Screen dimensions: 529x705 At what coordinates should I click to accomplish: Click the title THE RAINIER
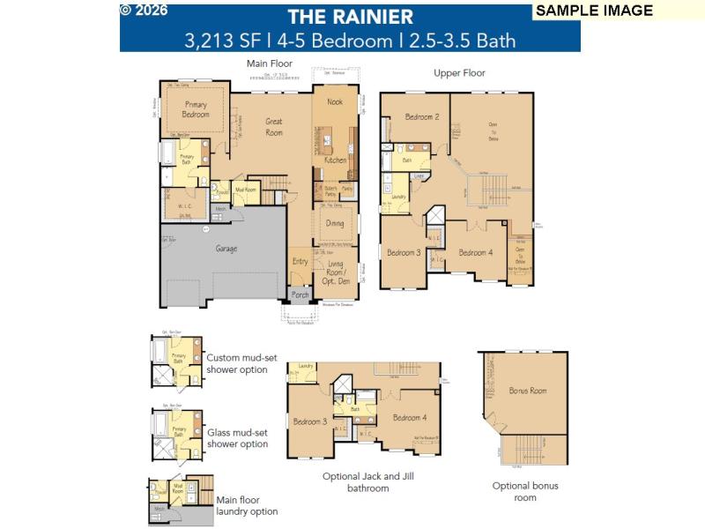tap(350, 16)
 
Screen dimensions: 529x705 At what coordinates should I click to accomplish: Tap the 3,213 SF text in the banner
tap(218, 40)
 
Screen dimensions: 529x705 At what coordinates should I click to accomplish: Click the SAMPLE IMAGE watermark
tap(594, 11)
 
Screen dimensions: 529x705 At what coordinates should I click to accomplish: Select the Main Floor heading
tap(269, 63)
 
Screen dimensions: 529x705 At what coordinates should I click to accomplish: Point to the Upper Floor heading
tap(459, 73)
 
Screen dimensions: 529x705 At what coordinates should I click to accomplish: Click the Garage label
tap(226, 249)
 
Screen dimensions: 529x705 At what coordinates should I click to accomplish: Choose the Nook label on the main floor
tap(335, 102)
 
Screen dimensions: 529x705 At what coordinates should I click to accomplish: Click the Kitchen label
tap(335, 160)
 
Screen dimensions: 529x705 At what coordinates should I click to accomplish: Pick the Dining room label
tap(335, 224)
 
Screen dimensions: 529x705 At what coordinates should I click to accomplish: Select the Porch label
tap(301, 295)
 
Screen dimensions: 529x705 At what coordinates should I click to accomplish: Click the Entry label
tap(301, 261)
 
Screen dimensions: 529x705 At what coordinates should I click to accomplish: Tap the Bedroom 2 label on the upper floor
tap(422, 117)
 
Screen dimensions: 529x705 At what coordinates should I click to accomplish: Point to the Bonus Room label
tap(528, 390)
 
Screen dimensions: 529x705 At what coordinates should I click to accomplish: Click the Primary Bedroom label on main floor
tap(196, 109)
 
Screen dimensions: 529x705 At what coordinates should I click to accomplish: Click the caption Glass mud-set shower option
tap(238, 438)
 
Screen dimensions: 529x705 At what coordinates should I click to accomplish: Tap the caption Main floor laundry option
tap(247, 505)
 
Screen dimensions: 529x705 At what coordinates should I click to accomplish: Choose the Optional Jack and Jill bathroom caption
tap(368, 481)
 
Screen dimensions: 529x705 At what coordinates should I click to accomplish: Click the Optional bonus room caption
tap(525, 491)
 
